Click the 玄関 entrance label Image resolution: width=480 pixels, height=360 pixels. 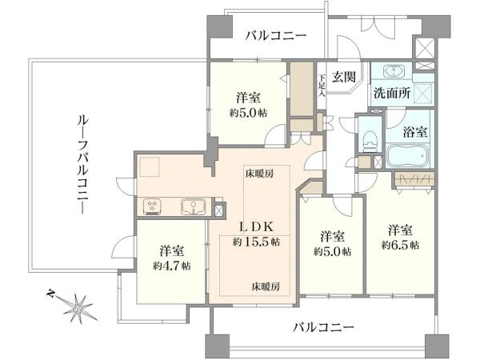pyautogui.click(x=344, y=77)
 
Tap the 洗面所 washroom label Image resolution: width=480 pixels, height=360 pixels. pyautogui.click(x=393, y=92)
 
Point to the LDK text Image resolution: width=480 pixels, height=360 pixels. pyautogui.click(x=256, y=225)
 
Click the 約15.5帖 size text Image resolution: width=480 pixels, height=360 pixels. pyautogui.click(x=256, y=241)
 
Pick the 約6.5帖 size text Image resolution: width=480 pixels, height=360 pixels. pyautogui.click(x=399, y=245)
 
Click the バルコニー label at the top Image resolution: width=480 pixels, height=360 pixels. pyautogui.click(x=276, y=35)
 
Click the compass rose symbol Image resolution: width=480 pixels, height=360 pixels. pyautogui.click(x=78, y=305)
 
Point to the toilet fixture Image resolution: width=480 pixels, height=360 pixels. pyautogui.click(x=368, y=142)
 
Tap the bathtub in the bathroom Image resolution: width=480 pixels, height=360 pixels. pyautogui.click(x=408, y=154)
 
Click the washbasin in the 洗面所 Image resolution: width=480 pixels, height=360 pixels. pyautogui.click(x=394, y=70)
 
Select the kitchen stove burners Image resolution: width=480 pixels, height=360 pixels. pyautogui.click(x=154, y=207)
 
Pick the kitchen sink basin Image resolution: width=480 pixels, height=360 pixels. pyautogui.click(x=194, y=208)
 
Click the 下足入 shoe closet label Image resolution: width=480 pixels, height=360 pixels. pyautogui.click(x=322, y=85)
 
